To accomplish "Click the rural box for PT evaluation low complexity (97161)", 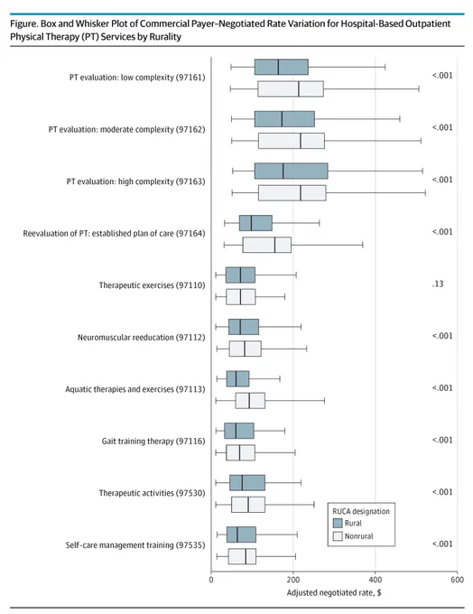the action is coord(281,67).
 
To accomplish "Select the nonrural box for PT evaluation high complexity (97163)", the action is coord(292,193).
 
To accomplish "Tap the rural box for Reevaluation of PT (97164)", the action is coord(255,223).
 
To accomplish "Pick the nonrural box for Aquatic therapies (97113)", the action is coord(250,401).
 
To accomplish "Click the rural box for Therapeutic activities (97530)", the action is coord(247,483).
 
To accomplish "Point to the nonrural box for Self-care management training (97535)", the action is coord(242,557).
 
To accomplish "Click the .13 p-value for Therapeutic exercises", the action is coord(438,284).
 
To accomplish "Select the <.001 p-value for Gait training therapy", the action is coord(442,440).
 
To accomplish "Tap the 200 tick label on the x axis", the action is coord(292,580).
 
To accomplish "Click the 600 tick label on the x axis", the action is coord(457,580).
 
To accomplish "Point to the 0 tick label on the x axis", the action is coord(211,580).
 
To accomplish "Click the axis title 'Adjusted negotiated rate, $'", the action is coord(334,593).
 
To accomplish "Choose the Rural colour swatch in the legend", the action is coord(338,523).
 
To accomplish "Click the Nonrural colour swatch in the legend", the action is coord(338,536).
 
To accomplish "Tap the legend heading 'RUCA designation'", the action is coord(361,511).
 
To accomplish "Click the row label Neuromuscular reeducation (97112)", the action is coord(142,338).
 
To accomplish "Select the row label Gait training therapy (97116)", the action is coord(153,442).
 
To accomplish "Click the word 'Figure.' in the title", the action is coord(24,23).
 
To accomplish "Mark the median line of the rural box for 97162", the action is coord(282,119).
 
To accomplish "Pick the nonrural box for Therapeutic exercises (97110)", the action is coord(241,297).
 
